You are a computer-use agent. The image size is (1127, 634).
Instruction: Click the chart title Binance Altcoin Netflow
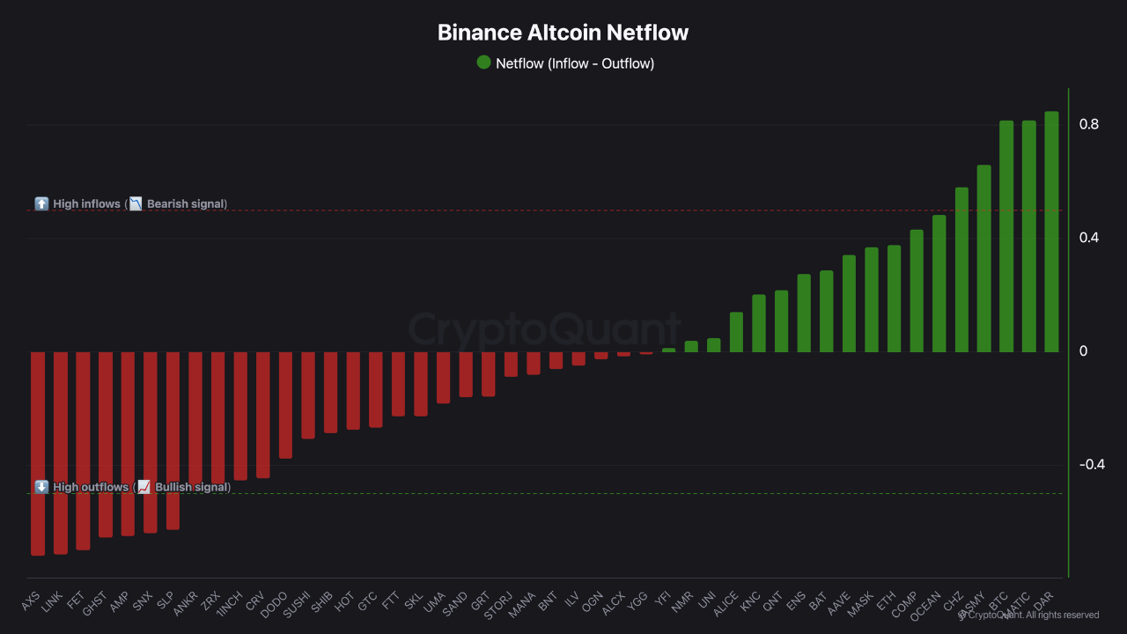pyautogui.click(x=563, y=33)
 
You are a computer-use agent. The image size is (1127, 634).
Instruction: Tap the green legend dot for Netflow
pyautogui.click(x=483, y=63)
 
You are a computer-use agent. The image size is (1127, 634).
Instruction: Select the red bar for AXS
pyautogui.click(x=38, y=453)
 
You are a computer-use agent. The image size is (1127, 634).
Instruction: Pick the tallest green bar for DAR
pyautogui.click(x=1051, y=232)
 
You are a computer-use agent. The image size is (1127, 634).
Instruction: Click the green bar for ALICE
pyautogui.click(x=736, y=332)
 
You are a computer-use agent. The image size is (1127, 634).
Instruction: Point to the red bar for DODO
pyautogui.click(x=285, y=405)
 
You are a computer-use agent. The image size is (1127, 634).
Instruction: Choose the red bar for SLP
pyautogui.click(x=173, y=440)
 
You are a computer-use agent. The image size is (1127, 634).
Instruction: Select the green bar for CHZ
pyautogui.click(x=961, y=269)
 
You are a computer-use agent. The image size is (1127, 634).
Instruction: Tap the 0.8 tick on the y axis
pyautogui.click(x=1089, y=124)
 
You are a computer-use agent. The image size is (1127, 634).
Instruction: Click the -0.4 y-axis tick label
pyautogui.click(x=1092, y=464)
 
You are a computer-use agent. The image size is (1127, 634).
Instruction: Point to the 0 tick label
pyautogui.click(x=1084, y=351)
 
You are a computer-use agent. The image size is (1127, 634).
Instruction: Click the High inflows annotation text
pyautogui.click(x=86, y=204)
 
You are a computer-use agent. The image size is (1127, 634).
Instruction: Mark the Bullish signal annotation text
pyautogui.click(x=192, y=487)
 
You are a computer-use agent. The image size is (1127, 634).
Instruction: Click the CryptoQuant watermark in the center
pyautogui.click(x=544, y=330)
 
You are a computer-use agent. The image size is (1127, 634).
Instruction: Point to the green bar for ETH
pyautogui.click(x=894, y=299)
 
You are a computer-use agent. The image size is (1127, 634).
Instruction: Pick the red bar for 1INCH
pyautogui.click(x=240, y=416)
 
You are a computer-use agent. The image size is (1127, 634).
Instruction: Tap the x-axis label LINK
pyautogui.click(x=53, y=602)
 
